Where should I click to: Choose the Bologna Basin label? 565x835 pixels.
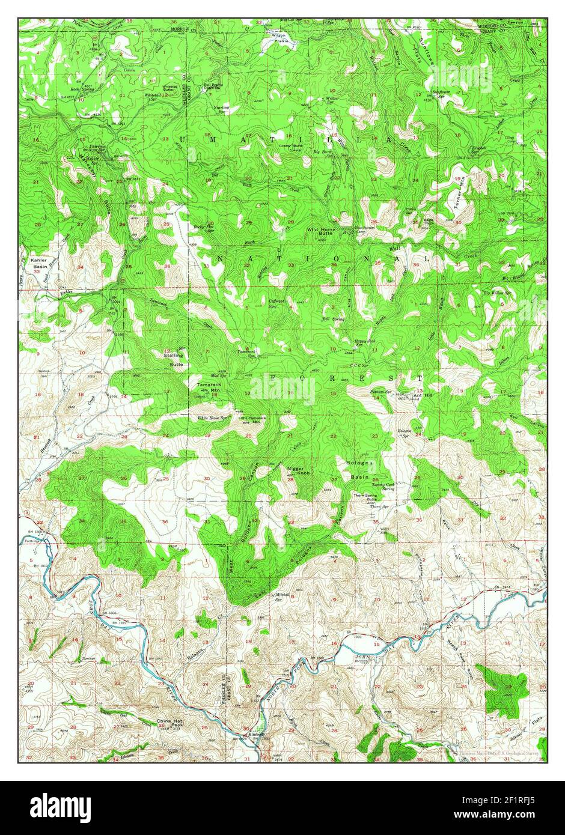click(360, 469)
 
